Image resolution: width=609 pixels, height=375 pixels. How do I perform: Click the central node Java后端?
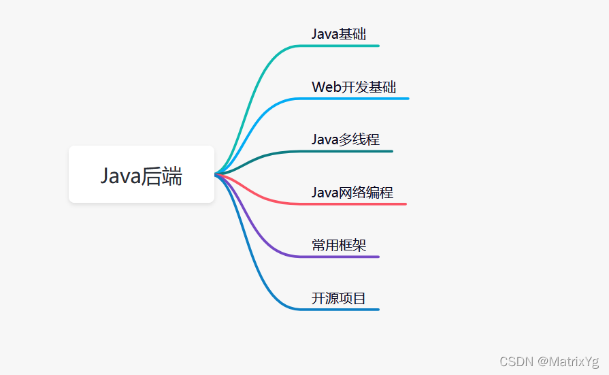point(142,175)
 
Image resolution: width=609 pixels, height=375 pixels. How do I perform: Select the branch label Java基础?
point(339,34)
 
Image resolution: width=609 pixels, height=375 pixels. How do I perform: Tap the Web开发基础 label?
point(354,87)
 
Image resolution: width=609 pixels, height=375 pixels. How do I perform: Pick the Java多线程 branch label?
point(346,140)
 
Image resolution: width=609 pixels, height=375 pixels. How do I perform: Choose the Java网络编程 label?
point(352,193)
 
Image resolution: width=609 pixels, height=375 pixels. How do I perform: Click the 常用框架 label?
point(339,245)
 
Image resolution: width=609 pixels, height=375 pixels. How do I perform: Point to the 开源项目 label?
point(339,298)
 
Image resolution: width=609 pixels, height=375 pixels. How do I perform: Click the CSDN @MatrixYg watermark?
point(549,361)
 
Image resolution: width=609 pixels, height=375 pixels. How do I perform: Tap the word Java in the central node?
point(120,176)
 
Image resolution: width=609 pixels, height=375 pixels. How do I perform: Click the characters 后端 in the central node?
point(162,176)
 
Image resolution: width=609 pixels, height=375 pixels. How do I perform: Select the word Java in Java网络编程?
point(325,193)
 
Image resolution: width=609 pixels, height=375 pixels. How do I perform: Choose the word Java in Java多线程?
point(325,140)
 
